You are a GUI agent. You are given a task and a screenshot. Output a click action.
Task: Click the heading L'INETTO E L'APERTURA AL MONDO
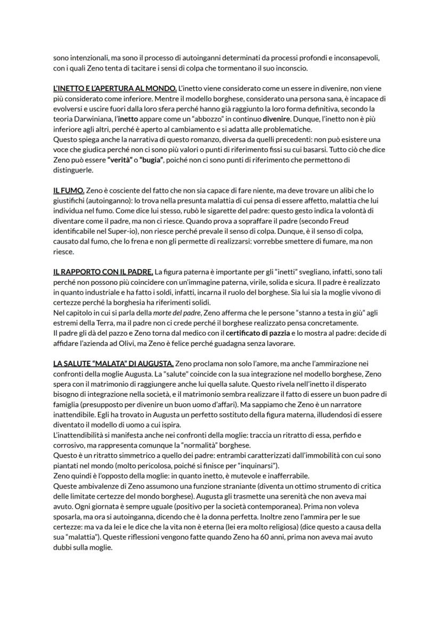115,88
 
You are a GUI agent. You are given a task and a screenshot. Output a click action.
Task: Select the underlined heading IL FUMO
69,190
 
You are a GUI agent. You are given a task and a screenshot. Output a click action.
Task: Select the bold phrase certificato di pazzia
262,333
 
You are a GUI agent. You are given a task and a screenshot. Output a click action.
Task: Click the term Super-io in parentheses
116,230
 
